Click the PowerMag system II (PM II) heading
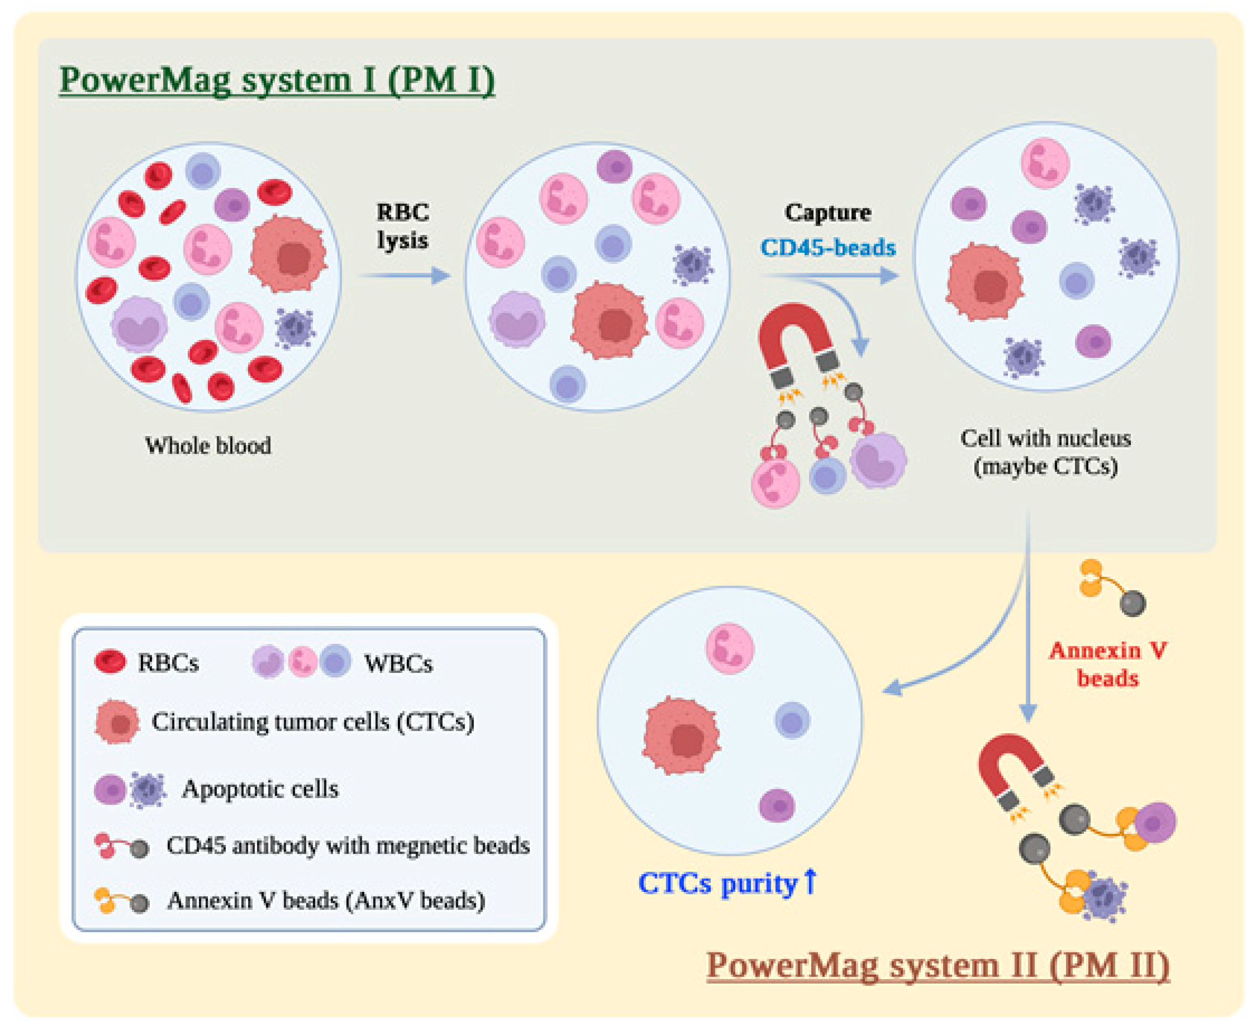point(938,965)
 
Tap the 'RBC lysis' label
point(403,226)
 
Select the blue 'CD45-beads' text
point(827,247)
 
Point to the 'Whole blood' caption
point(208,445)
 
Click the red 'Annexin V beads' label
point(1107,664)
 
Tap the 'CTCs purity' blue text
point(718,883)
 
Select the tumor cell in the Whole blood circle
point(288,255)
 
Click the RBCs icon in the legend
point(110,661)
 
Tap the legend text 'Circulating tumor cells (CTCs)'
point(312,721)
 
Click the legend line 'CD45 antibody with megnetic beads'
point(347,845)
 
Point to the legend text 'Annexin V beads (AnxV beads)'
point(326,900)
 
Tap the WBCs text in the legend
point(398,663)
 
